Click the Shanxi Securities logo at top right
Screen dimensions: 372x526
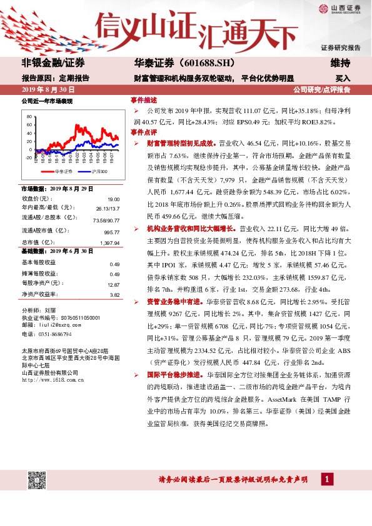click(343, 8)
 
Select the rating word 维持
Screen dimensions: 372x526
click(340, 63)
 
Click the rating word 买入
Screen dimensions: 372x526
click(343, 79)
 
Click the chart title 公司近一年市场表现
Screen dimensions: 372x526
click(47, 101)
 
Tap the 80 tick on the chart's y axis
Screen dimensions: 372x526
click(29, 117)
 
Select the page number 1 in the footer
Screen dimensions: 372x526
click(326, 479)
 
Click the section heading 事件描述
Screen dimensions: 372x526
click(143, 100)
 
